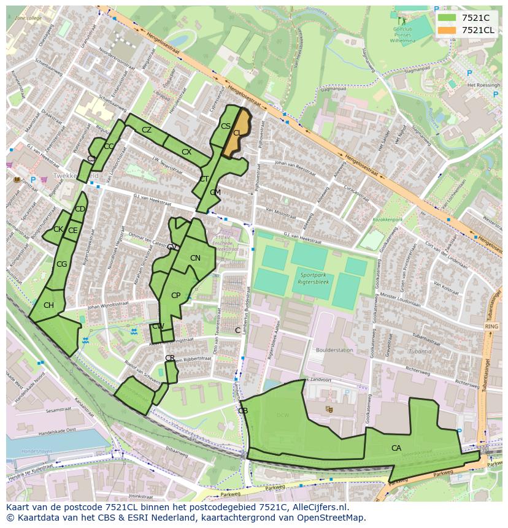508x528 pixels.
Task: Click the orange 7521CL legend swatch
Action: coord(448,30)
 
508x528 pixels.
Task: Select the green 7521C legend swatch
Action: coord(448,18)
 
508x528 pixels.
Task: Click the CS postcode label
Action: coord(225,126)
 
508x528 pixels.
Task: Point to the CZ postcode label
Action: coord(147,130)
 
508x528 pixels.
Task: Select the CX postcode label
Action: coord(187,151)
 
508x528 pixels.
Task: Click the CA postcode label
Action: coord(396,448)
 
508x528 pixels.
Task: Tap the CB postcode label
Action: coord(243,410)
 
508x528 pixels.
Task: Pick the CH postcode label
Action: coord(48,305)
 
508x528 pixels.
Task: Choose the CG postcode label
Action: coord(61,264)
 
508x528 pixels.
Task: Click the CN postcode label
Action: coord(195,258)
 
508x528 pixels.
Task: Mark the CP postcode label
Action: coord(175,296)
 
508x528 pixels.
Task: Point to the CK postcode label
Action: coord(58,229)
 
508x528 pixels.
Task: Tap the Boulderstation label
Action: coord(334,350)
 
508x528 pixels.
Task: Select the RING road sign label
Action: coord(491,327)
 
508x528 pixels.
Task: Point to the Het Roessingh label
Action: coord(483,85)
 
